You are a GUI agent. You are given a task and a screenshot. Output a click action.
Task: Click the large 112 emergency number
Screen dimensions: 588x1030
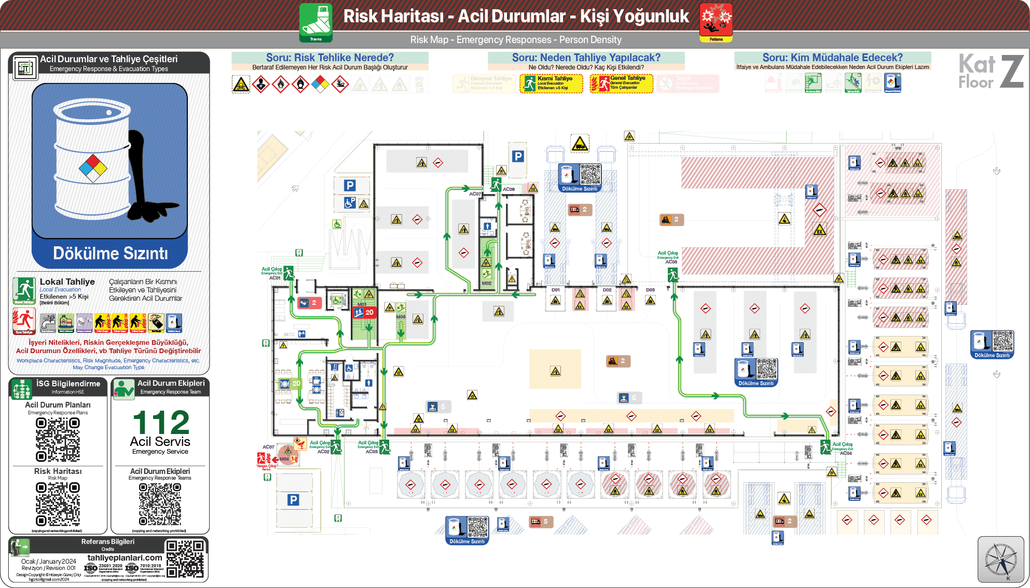click(x=161, y=423)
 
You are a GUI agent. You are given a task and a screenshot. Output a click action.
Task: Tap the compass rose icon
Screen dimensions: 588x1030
click(x=1001, y=559)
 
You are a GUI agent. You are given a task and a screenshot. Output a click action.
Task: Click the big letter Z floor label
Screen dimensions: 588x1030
click(x=1011, y=72)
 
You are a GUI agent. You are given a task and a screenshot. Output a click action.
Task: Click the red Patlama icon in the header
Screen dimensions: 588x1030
click(x=716, y=21)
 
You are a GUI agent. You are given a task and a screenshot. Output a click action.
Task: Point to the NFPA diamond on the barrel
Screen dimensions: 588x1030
click(x=93, y=169)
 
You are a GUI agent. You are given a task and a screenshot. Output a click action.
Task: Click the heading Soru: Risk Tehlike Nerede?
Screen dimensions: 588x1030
click(x=329, y=58)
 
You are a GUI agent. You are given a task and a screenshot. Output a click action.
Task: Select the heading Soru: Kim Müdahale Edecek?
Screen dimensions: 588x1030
click(x=832, y=58)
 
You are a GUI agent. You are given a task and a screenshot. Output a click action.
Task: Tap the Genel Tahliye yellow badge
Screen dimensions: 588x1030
click(x=621, y=83)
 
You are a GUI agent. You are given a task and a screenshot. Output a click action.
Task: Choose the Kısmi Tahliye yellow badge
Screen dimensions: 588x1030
click(x=551, y=83)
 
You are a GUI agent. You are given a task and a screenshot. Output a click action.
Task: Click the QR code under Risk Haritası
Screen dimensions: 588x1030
click(x=58, y=504)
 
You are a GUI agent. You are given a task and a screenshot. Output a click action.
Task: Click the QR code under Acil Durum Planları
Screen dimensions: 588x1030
click(x=58, y=440)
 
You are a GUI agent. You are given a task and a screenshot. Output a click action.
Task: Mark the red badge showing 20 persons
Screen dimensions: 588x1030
click(x=364, y=312)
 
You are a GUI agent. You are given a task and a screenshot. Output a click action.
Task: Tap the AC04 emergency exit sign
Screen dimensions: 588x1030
click(x=826, y=446)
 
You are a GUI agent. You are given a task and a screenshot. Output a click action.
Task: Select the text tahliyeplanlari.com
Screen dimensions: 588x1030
click(x=125, y=558)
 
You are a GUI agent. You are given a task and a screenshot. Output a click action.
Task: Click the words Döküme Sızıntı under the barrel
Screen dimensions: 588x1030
click(x=111, y=254)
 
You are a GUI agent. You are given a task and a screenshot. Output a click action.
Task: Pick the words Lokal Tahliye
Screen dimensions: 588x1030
click(x=67, y=282)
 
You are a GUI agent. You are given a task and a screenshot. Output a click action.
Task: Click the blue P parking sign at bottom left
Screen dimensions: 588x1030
click(x=293, y=500)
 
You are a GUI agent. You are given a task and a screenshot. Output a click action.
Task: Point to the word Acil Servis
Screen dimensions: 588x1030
click(x=160, y=442)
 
